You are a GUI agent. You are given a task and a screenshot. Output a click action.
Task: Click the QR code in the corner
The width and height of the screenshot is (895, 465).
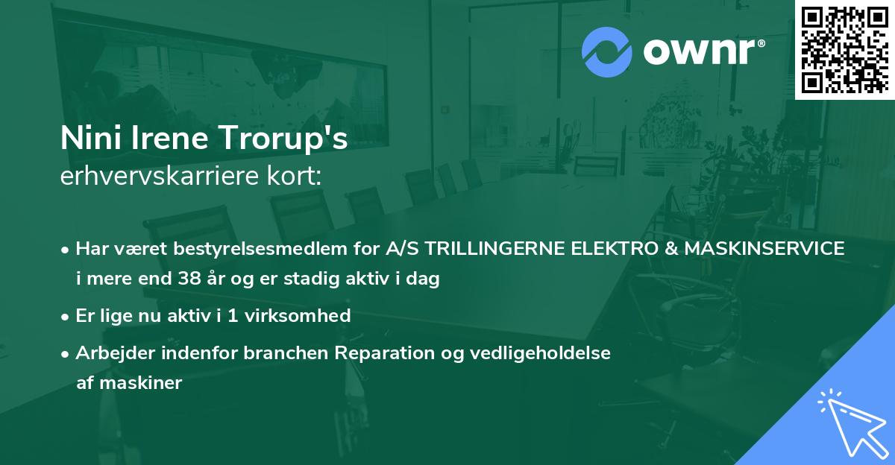point(845,50)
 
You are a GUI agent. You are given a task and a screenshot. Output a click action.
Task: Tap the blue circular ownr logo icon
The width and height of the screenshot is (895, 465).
point(606,52)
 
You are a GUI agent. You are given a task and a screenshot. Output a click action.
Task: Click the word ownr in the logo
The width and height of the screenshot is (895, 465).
point(704,51)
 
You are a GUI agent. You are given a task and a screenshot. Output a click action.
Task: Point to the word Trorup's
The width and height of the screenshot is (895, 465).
point(283,139)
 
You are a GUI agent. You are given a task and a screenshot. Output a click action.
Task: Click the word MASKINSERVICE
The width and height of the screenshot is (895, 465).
point(764,248)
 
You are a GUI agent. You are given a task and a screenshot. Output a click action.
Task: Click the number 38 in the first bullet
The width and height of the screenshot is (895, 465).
point(189,278)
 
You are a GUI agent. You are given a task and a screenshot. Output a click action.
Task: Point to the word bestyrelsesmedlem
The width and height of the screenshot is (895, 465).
point(260,249)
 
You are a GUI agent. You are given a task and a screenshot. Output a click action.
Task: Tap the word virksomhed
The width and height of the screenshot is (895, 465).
point(298,315)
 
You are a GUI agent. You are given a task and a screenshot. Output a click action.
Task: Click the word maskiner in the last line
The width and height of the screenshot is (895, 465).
point(141,383)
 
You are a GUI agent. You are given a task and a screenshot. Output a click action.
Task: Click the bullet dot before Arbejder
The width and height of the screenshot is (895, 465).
point(65,354)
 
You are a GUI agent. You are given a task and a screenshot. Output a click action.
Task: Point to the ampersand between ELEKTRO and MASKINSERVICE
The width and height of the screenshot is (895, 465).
point(671,248)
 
